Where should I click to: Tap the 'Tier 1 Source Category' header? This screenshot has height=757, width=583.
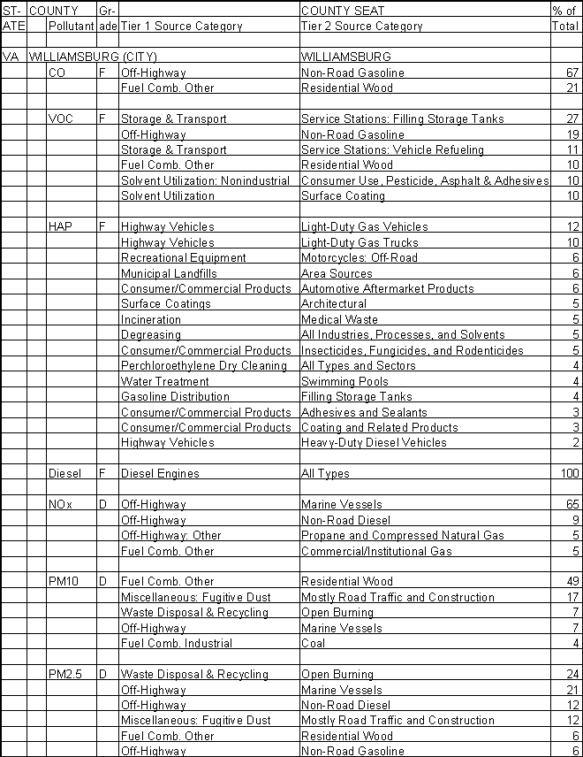click(181, 26)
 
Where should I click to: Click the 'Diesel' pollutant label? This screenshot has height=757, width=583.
click(64, 473)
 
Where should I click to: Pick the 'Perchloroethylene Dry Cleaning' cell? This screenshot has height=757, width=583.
click(203, 365)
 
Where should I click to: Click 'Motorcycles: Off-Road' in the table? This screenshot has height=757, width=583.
click(357, 257)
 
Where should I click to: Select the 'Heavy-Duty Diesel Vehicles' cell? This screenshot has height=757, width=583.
click(374, 442)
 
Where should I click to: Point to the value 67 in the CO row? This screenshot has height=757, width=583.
click(572, 73)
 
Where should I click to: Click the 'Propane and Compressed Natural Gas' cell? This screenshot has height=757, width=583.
click(402, 535)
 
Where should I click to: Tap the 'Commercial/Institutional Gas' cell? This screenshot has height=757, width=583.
click(376, 551)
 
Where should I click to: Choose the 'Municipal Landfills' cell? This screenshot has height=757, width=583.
click(169, 273)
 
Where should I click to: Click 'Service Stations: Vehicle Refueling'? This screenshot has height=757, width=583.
click(392, 149)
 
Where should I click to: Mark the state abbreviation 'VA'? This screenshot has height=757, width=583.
click(11, 57)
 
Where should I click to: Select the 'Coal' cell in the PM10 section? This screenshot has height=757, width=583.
click(314, 643)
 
